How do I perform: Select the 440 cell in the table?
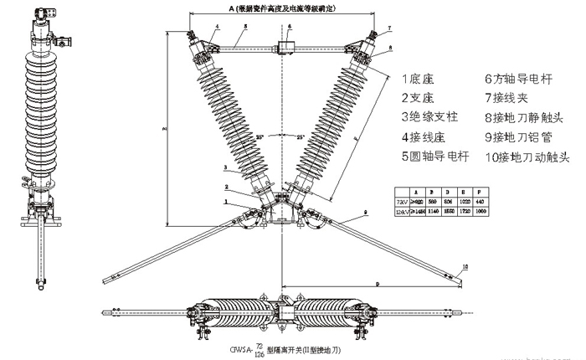coord(505,202)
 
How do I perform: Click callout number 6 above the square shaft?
coord(289,27)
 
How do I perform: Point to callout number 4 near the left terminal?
coord(217,28)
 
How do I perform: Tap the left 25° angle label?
coord(260,136)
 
